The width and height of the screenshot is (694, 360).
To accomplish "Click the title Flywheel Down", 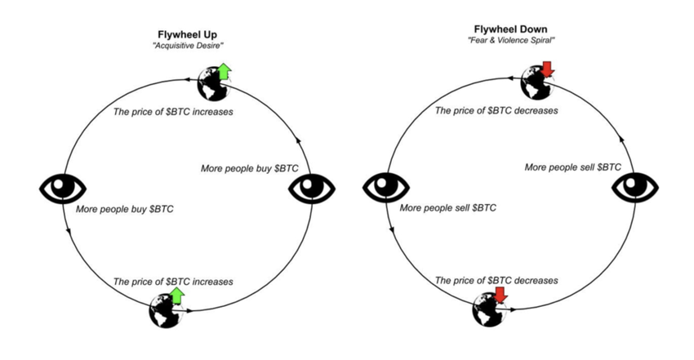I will (x=511, y=30).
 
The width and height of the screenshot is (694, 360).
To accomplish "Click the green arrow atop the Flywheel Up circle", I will (x=223, y=72).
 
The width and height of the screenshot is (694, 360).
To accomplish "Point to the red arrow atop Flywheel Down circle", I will (x=547, y=68).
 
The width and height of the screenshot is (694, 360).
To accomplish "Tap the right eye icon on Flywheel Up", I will (x=313, y=189).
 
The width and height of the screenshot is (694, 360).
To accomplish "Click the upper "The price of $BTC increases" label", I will (x=172, y=111).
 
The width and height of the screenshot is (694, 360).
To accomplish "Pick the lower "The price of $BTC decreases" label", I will (x=496, y=280).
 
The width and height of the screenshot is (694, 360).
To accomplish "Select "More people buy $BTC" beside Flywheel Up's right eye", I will (x=250, y=169).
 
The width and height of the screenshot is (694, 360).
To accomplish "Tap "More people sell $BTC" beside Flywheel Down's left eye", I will (x=448, y=208).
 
